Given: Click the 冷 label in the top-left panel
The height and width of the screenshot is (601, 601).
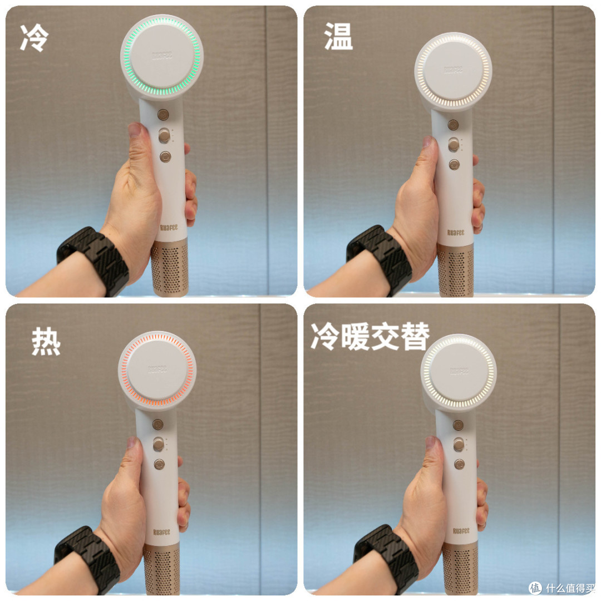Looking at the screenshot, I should tap(35, 38).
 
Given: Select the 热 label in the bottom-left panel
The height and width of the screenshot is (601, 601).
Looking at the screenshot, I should tap(46, 341).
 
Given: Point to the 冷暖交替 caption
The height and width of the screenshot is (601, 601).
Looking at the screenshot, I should tap(370, 336).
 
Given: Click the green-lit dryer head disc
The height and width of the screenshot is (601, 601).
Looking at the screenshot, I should tap(161, 56).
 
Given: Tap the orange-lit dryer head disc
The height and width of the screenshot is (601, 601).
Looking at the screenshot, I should tap(157, 370).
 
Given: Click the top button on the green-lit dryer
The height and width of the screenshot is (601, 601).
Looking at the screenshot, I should tap(162, 115).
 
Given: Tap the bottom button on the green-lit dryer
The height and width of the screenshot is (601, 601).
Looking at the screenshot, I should tap(165, 156).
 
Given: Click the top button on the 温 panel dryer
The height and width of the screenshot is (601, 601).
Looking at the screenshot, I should tap(454, 125).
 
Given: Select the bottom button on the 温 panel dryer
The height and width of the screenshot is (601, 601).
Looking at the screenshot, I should tap(455, 164).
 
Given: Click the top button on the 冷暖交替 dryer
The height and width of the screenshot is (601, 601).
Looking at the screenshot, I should tap(458, 425).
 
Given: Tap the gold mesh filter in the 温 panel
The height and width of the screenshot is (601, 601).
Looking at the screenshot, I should tap(455, 270).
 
